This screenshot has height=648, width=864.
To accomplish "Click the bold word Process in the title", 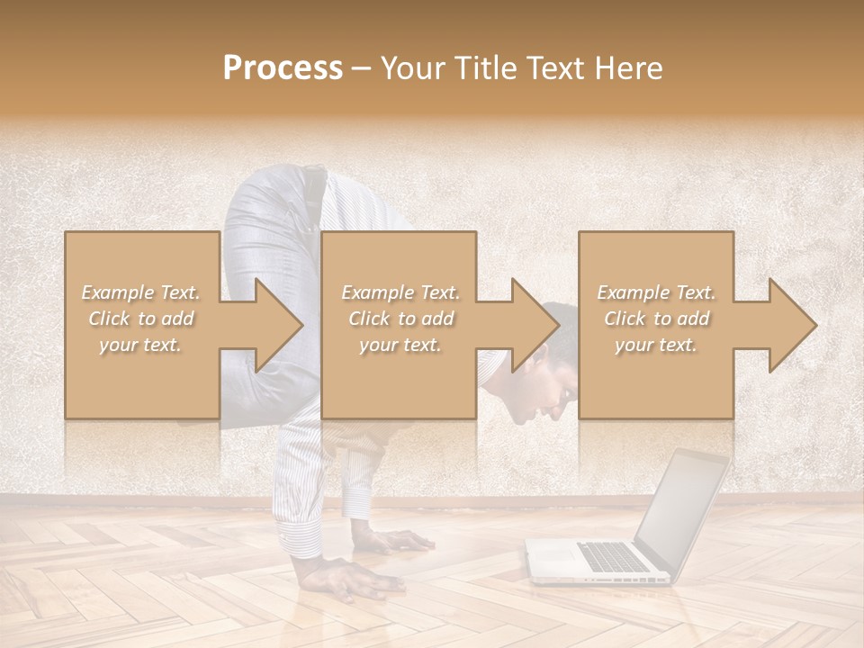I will pyautogui.click(x=283, y=67).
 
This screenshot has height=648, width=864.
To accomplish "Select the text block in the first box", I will pyautogui.click(x=141, y=318).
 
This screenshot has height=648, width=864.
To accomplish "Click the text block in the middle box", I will pyautogui.click(x=400, y=318).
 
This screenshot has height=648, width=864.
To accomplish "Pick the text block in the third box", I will pyautogui.click(x=656, y=318).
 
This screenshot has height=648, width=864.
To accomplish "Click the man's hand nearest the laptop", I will pyautogui.click(x=396, y=542).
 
